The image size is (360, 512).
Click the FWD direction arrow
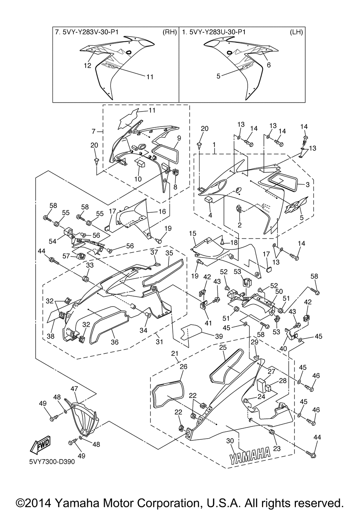click(40, 445)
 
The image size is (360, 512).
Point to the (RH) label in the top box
click(170, 32)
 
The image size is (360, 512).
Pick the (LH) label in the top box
click(296, 32)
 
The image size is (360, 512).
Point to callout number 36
click(115, 342)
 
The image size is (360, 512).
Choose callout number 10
click(138, 179)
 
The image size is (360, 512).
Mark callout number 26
click(184, 367)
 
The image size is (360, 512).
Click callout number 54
click(53, 241)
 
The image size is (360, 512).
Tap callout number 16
click(162, 212)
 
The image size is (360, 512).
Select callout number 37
click(154, 252)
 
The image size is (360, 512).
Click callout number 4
click(210, 215)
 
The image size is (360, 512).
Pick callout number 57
click(66, 256)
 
